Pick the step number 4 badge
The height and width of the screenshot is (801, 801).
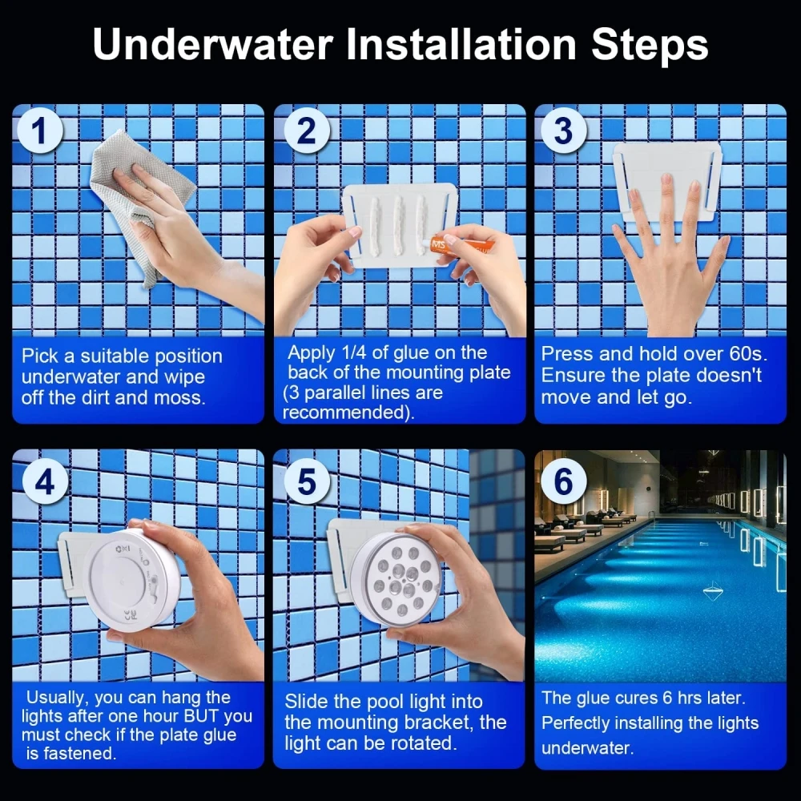45,481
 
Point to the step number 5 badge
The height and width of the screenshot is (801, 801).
307,481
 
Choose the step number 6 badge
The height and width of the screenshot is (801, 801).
563,481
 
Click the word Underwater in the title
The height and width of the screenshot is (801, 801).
213,44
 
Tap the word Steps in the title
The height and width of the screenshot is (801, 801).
650,44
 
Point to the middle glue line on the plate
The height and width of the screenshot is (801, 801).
398,225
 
